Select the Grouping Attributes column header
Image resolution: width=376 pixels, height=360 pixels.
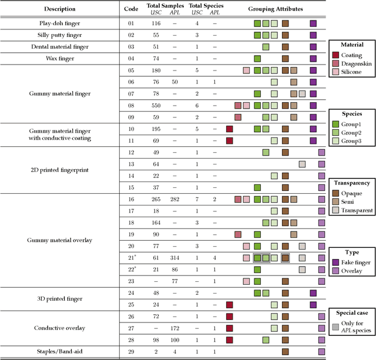pos(275,9)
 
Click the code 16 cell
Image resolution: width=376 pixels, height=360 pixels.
pos(131,199)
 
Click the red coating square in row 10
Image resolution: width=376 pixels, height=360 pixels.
pos(230,129)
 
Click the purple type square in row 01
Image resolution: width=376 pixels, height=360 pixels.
pos(313,23)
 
